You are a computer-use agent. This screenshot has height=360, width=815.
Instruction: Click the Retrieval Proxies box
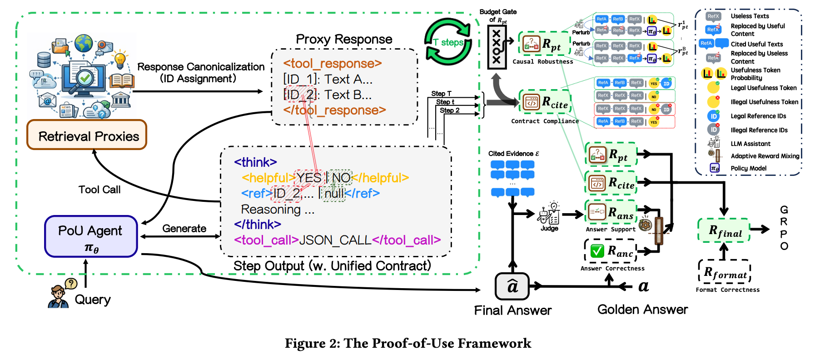coord(87,135)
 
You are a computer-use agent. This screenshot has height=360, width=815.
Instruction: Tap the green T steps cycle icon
coord(448,42)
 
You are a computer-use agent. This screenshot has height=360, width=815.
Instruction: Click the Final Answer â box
coord(512,286)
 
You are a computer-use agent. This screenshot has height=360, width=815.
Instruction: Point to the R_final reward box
coord(724,230)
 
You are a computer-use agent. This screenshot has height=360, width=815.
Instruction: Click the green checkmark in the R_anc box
coord(597,251)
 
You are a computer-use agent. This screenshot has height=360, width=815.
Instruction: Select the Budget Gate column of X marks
coord(497,47)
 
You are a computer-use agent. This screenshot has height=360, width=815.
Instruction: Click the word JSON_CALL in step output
coord(335,240)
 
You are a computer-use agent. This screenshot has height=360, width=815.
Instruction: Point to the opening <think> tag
coord(255,162)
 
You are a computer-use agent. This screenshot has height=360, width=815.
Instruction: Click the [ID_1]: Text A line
coord(328,79)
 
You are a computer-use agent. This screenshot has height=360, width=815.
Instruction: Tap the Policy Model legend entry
coord(748,168)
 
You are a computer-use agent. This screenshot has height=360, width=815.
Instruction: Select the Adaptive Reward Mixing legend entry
coord(765,156)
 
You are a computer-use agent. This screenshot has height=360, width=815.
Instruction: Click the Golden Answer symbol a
coord(643,286)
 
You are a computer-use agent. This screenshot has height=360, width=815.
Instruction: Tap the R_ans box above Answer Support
coord(610,212)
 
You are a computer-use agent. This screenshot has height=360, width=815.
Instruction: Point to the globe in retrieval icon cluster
coord(84,43)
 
